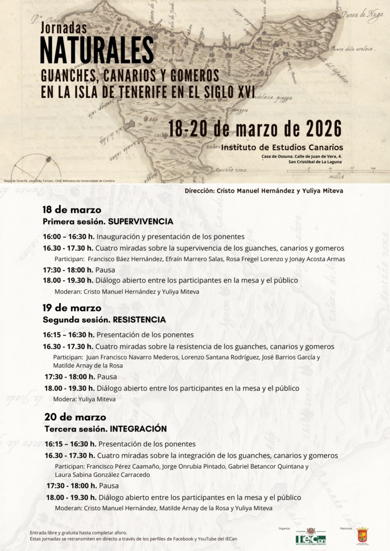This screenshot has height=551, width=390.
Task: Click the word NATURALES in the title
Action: (x=96, y=50)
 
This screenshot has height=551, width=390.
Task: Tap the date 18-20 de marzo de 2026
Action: (x=255, y=129)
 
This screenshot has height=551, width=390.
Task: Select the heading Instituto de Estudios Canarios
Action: (x=282, y=147)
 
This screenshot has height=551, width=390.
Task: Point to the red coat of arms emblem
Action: (x=362, y=535)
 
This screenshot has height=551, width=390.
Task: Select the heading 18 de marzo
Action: (x=72, y=210)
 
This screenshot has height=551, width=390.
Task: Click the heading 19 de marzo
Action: (x=72, y=308)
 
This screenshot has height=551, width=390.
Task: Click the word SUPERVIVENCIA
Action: (x=141, y=221)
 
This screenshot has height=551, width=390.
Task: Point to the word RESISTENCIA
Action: (x=139, y=320)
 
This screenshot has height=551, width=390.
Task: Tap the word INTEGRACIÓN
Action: (x=138, y=429)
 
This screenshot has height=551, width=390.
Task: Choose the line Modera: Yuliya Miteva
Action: (x=84, y=399)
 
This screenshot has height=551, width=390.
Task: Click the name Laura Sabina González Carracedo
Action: (x=102, y=475)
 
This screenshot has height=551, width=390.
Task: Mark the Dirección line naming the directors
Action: (x=263, y=190)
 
